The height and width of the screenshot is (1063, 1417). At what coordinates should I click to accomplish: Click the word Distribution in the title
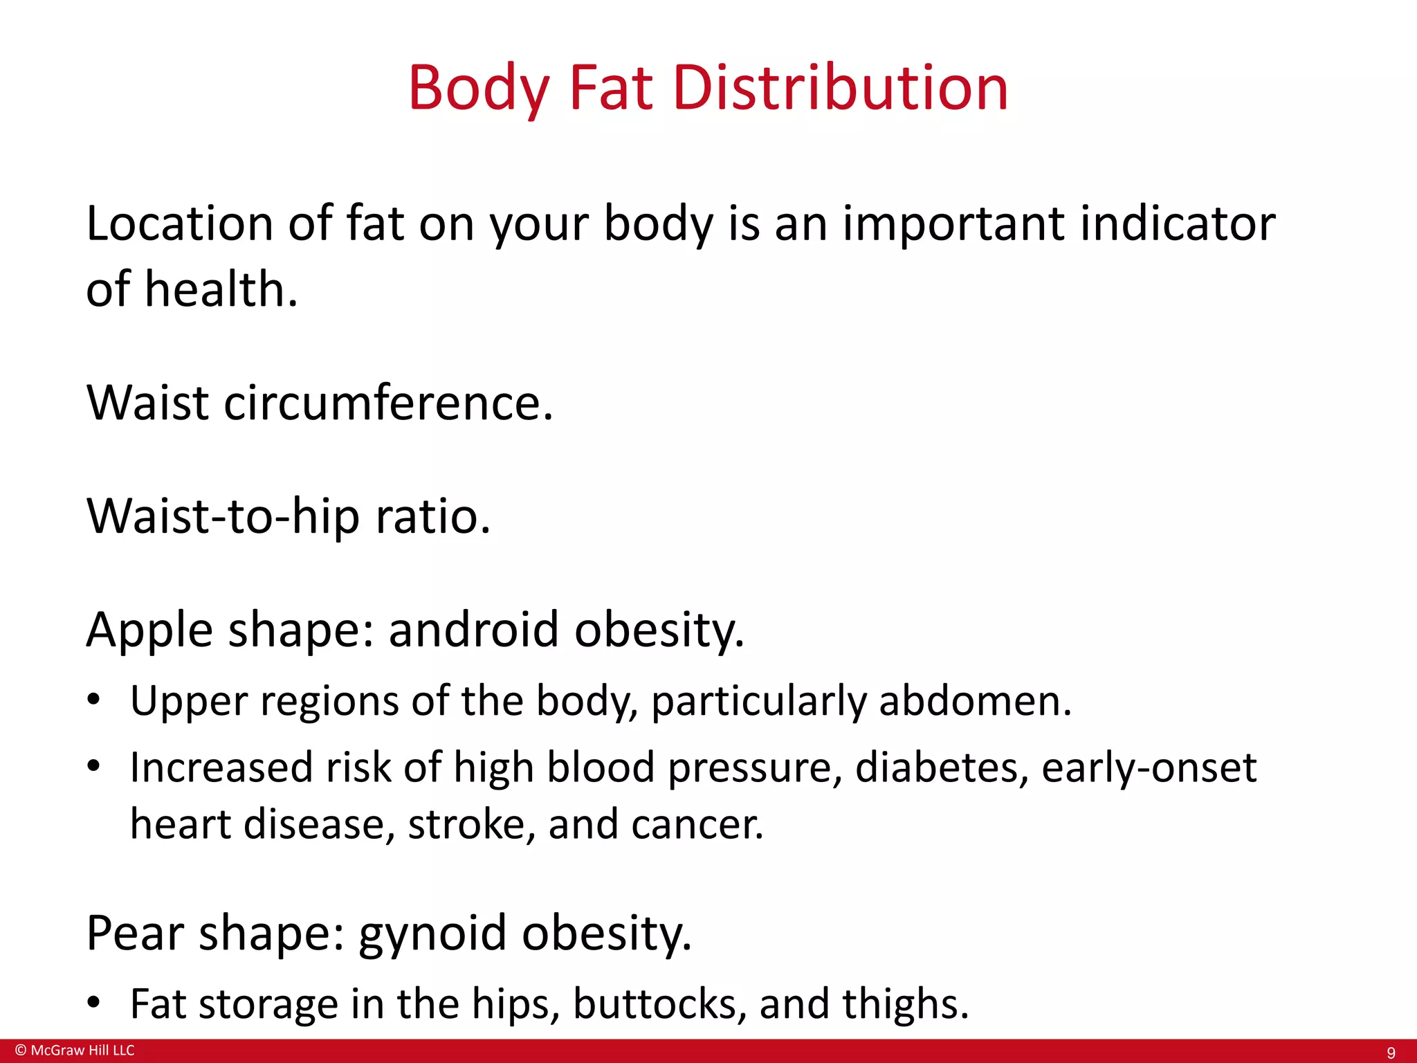(840, 88)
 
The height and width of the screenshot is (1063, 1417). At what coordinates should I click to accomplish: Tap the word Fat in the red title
(610, 88)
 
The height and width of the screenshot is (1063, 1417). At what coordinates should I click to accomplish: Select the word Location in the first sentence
(180, 224)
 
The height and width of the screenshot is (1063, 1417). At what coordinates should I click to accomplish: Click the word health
(221, 289)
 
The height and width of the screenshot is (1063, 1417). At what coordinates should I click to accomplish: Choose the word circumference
(388, 402)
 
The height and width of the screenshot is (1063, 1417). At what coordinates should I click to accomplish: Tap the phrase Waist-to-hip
(223, 516)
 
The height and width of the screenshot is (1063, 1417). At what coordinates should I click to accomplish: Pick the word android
(473, 630)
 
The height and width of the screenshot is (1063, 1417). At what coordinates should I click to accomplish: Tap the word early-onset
(1149, 768)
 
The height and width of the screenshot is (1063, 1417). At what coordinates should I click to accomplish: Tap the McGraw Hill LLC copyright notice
(75, 1051)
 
